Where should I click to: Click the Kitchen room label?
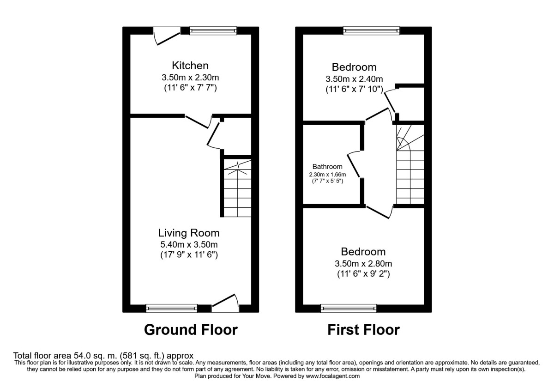pyautogui.click(x=190, y=65)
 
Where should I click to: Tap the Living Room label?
pyautogui.click(x=189, y=233)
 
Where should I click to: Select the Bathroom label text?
pyautogui.click(x=327, y=167)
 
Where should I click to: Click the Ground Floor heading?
pyautogui.click(x=191, y=330)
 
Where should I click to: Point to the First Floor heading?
pyautogui.click(x=363, y=330)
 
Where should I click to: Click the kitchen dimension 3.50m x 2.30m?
pyautogui.click(x=190, y=77)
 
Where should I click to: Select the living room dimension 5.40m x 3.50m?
pyautogui.click(x=189, y=244)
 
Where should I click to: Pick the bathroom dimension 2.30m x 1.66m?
pyautogui.click(x=327, y=175)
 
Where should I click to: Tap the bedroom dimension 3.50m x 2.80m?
pyautogui.click(x=363, y=264)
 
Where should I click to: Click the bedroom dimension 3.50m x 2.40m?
pyautogui.click(x=354, y=79)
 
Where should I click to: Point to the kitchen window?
pyautogui.click(x=213, y=31)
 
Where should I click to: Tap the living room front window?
pyautogui.click(x=172, y=308)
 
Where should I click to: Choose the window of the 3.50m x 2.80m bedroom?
pyautogui.click(x=349, y=308)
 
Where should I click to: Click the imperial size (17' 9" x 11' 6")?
pyautogui.click(x=189, y=255)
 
